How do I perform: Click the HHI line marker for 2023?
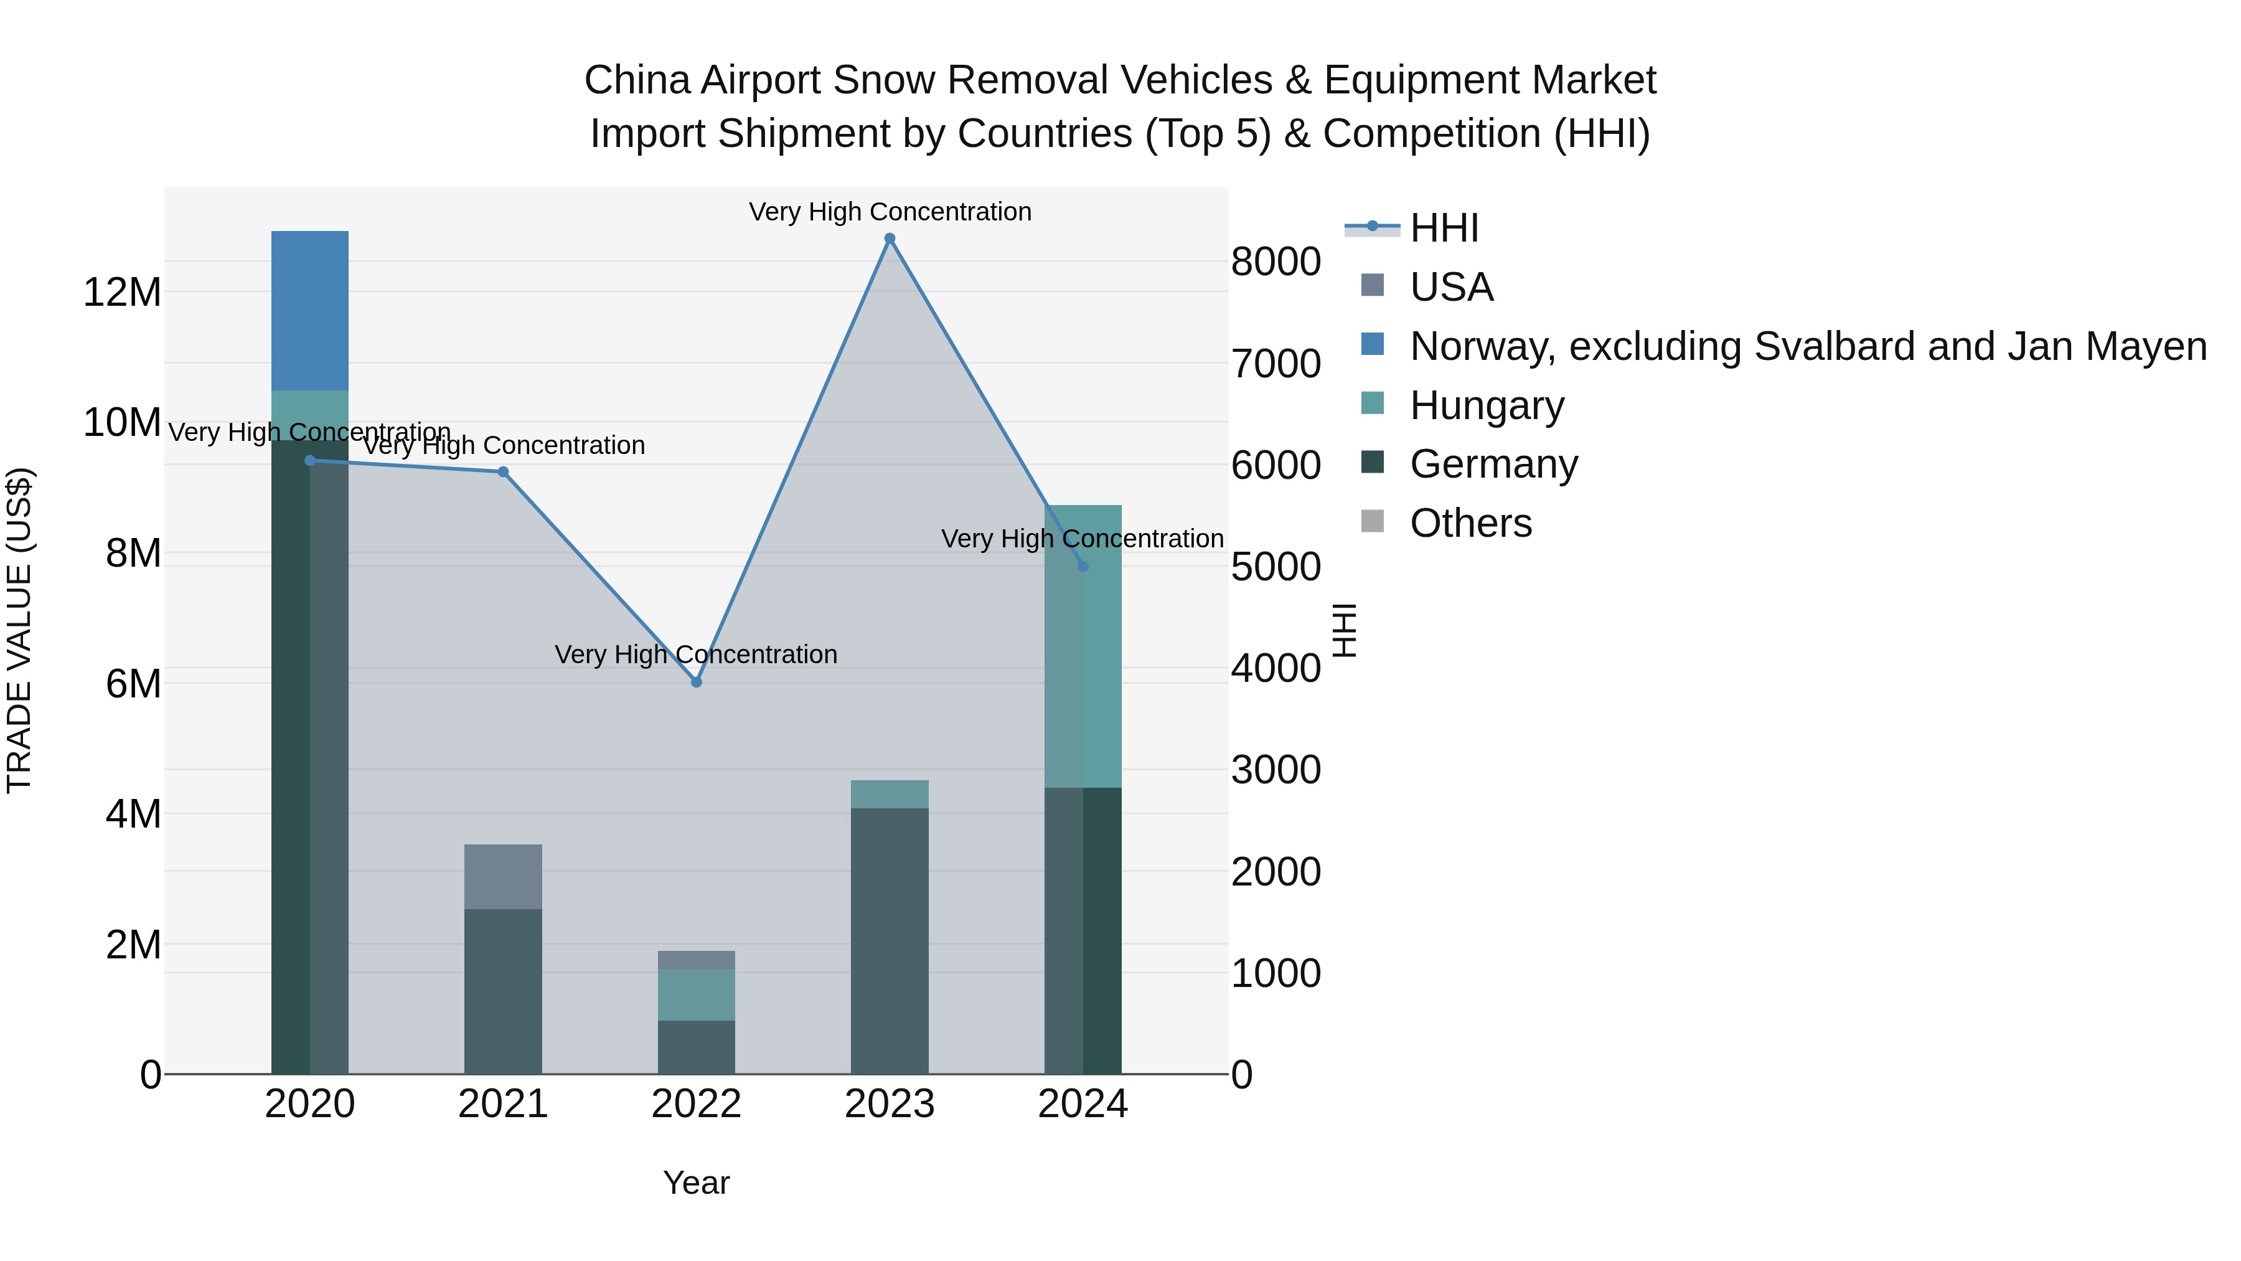click(889, 239)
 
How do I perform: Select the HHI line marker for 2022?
click(696, 682)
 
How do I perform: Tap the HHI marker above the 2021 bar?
click(503, 471)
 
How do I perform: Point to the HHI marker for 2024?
click(1083, 567)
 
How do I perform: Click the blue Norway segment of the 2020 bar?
click(310, 311)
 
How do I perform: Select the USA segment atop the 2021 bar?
click(503, 876)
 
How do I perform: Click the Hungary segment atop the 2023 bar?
click(889, 794)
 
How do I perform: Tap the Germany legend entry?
click(1493, 464)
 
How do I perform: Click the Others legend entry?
click(1470, 523)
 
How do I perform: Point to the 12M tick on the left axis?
click(122, 293)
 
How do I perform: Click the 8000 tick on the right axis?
click(1276, 262)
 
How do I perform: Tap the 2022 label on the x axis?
click(696, 1104)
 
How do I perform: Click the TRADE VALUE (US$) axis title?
click(20, 630)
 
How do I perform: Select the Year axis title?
click(696, 1183)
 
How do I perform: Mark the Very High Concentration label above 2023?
click(889, 212)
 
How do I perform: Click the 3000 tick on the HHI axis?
click(1276, 770)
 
